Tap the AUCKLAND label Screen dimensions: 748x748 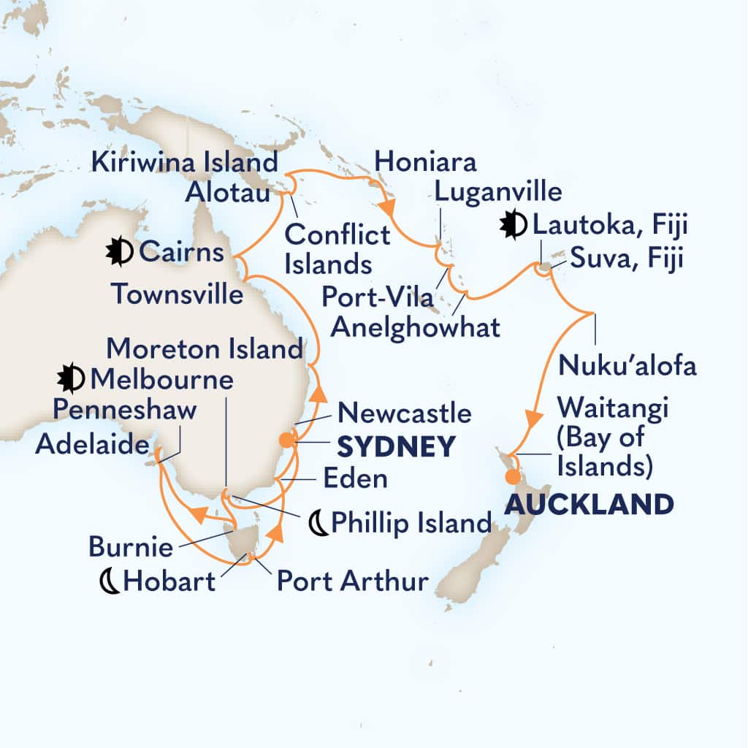point(589,504)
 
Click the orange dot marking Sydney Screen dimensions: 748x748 point(286,440)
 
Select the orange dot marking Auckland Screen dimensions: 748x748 point(514,477)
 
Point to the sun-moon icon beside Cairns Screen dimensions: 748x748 point(119,253)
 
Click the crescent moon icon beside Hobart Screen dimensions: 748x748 point(110,581)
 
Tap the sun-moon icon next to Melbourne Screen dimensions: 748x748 point(72,379)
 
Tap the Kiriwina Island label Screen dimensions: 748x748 point(186,161)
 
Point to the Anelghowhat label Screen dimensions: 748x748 point(416,327)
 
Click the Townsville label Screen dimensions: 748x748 point(177,294)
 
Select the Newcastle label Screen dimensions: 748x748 point(403,413)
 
